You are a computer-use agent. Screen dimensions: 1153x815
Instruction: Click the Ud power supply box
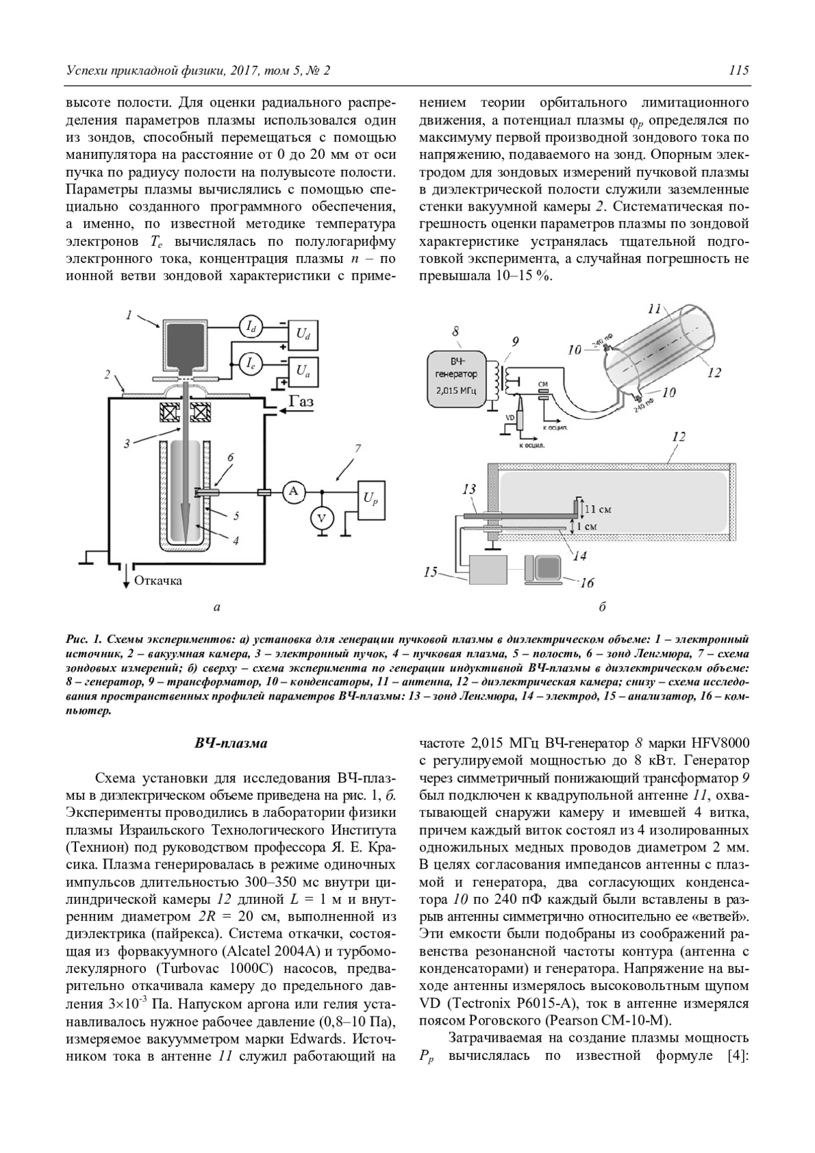click(x=303, y=333)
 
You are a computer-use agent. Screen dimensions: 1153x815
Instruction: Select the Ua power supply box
click(x=303, y=370)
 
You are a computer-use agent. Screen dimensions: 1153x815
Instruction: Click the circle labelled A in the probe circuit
click(x=293, y=492)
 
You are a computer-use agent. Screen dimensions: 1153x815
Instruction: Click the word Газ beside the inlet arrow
click(x=302, y=402)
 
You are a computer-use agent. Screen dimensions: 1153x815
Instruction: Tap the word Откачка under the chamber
click(x=158, y=581)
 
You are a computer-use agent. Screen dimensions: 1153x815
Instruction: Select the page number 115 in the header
click(x=738, y=71)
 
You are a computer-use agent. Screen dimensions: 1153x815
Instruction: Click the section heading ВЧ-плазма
click(x=231, y=743)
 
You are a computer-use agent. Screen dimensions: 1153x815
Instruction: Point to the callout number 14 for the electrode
click(x=579, y=555)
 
